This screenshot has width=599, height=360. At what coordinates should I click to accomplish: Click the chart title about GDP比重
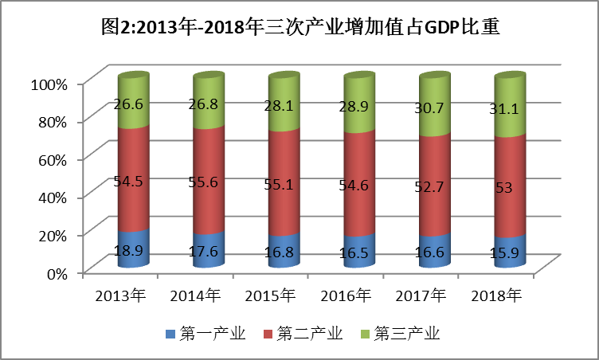click(300, 30)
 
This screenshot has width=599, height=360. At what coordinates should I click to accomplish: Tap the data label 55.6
click(208, 182)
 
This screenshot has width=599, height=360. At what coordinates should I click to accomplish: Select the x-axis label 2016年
click(346, 296)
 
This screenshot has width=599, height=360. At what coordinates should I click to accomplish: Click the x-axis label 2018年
click(495, 296)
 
